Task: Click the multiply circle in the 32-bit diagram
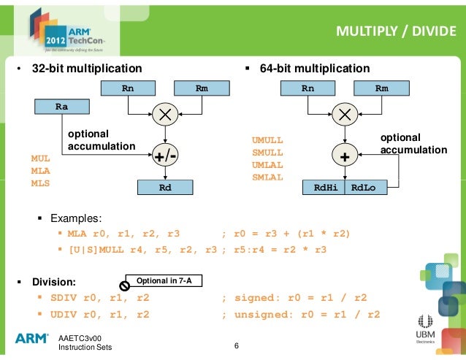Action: (165, 115)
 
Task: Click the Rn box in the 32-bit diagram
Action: (129, 89)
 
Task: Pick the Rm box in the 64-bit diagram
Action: (381, 89)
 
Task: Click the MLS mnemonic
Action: (40, 183)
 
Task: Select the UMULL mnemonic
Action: (267, 139)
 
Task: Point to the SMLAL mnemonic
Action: (267, 177)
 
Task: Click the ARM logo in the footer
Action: (32, 338)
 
